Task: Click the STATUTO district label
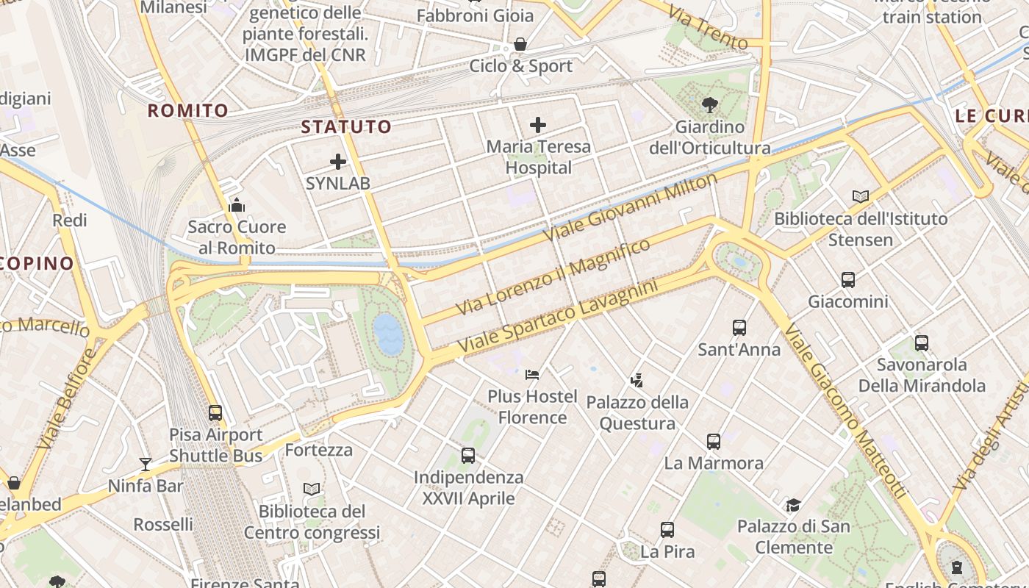[346, 126]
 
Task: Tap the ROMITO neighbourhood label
[188, 111]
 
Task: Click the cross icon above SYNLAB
[338, 162]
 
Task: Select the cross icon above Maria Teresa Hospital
[538, 125]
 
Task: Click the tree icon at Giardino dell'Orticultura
[710, 105]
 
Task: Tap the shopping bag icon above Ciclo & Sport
[520, 44]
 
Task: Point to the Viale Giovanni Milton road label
[630, 207]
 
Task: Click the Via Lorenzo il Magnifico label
[553, 276]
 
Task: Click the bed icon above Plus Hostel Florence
[532, 375]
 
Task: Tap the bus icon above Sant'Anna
[739, 328]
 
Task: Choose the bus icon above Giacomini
[848, 280]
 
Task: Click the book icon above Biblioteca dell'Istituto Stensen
[861, 196]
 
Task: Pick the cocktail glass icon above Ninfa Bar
[146, 464]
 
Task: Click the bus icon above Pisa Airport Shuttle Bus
[215, 413]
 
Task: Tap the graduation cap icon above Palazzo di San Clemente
[793, 505]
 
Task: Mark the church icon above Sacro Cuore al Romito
[237, 205]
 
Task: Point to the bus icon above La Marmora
[714, 442]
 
